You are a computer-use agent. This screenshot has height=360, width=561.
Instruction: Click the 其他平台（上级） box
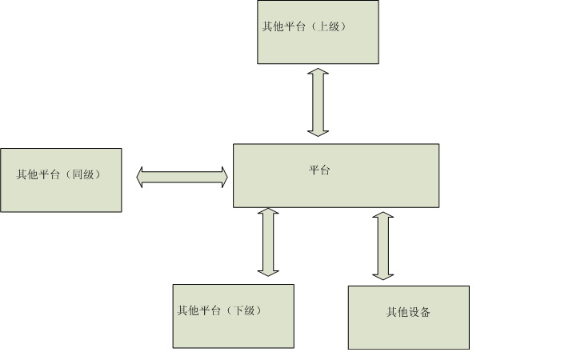(318, 32)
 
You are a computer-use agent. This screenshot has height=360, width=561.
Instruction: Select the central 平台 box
(335, 175)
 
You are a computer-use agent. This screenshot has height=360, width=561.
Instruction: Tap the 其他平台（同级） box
(61, 180)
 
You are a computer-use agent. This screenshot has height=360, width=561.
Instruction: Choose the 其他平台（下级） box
(233, 316)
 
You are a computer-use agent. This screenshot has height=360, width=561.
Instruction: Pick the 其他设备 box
(408, 317)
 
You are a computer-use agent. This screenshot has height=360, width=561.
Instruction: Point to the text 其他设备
(408, 312)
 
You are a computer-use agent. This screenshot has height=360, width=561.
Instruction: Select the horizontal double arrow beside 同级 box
(182, 177)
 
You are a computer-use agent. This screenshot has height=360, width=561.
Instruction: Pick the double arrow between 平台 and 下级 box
(269, 242)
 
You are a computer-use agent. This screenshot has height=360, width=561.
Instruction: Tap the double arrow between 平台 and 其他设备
(383, 246)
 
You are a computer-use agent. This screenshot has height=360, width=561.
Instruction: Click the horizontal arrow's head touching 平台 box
(222, 177)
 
